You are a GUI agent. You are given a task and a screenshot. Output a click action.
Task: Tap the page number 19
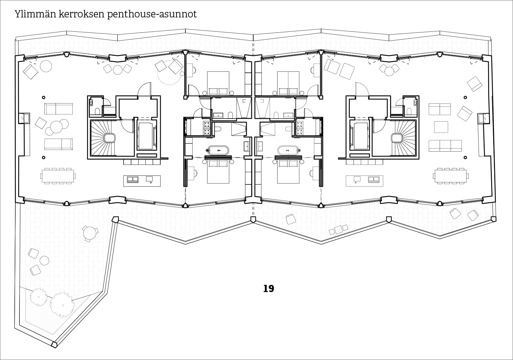tap(269, 289)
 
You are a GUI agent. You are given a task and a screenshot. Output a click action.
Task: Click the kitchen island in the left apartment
tap(142, 180)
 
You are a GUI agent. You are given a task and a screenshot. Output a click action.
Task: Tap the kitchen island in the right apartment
tap(365, 180)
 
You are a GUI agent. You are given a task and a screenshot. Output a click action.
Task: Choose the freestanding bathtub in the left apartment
tap(218, 150)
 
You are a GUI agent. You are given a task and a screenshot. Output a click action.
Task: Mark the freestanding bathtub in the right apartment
tap(289, 150)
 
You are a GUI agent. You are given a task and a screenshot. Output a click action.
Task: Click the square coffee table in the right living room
tap(441, 127)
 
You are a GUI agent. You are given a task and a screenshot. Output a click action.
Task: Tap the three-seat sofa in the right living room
tap(445, 146)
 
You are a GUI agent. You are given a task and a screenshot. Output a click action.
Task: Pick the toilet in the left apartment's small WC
tap(97, 111)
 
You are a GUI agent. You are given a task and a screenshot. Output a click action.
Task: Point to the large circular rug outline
tap(169, 72)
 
